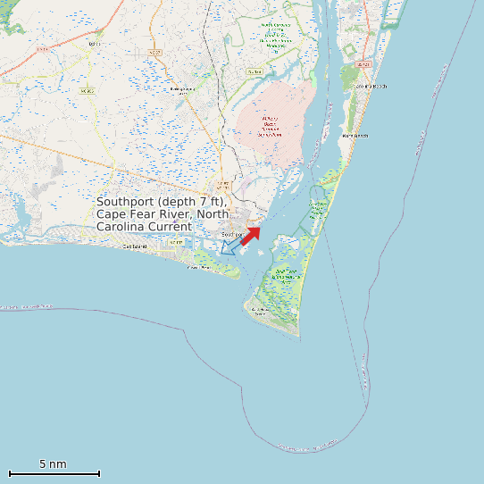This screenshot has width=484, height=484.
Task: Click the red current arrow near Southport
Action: point(251,235)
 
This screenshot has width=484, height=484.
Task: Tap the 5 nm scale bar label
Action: point(53,464)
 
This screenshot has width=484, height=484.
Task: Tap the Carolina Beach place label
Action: point(370,86)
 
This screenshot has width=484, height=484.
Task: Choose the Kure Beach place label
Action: point(354,136)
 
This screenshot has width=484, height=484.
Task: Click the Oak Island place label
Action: point(136,246)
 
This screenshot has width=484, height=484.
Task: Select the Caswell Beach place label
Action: point(198,266)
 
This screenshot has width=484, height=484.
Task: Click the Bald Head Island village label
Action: point(260,310)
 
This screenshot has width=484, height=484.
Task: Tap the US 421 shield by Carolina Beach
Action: point(363,64)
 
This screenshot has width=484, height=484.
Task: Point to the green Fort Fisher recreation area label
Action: point(318,212)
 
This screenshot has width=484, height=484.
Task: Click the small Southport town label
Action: point(232,235)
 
